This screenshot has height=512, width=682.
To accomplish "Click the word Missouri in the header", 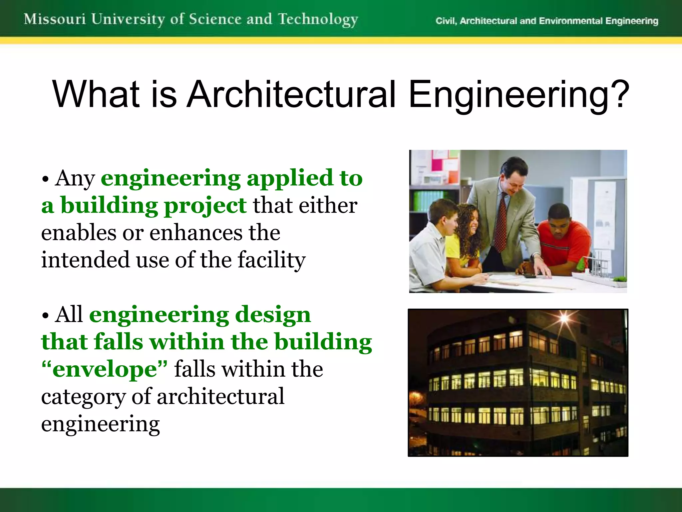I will (x=55, y=19).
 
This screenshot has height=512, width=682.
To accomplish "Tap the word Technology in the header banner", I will (x=318, y=20).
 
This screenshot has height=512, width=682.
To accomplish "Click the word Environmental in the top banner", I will (x=571, y=21).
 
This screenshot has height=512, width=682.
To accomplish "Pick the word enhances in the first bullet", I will (x=196, y=233).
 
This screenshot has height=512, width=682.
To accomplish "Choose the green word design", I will (x=273, y=315).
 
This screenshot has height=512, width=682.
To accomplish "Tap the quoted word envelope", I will (x=105, y=369).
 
